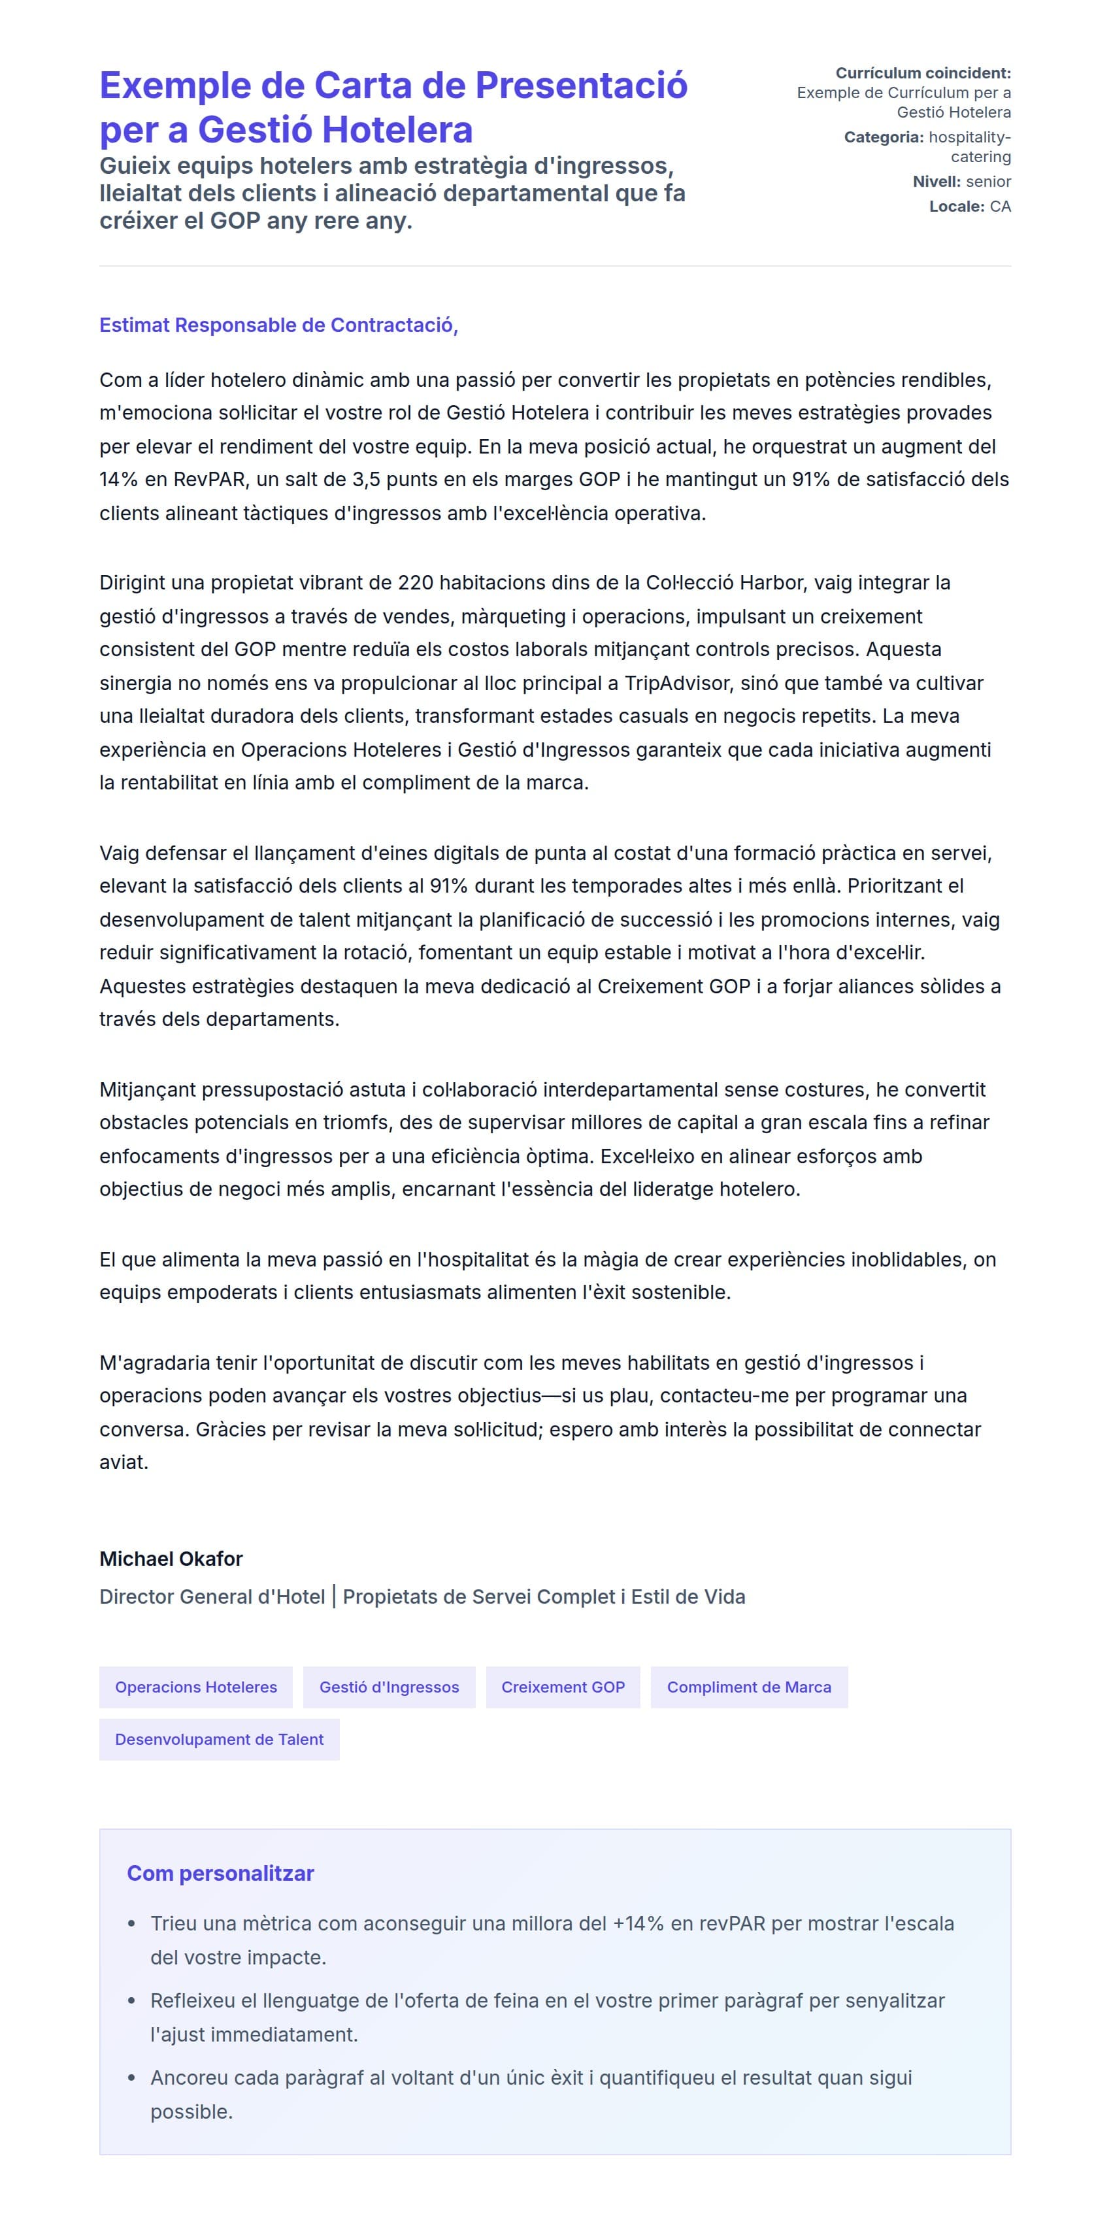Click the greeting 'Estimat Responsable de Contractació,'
(278, 325)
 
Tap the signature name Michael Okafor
(171, 1559)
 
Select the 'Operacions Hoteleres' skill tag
(195, 1687)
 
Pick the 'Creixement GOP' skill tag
(563, 1687)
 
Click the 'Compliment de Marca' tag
(748, 1687)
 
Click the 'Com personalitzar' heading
(220, 1873)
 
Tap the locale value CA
(1000, 207)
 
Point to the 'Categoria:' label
(884, 137)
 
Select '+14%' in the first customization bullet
(638, 1923)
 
